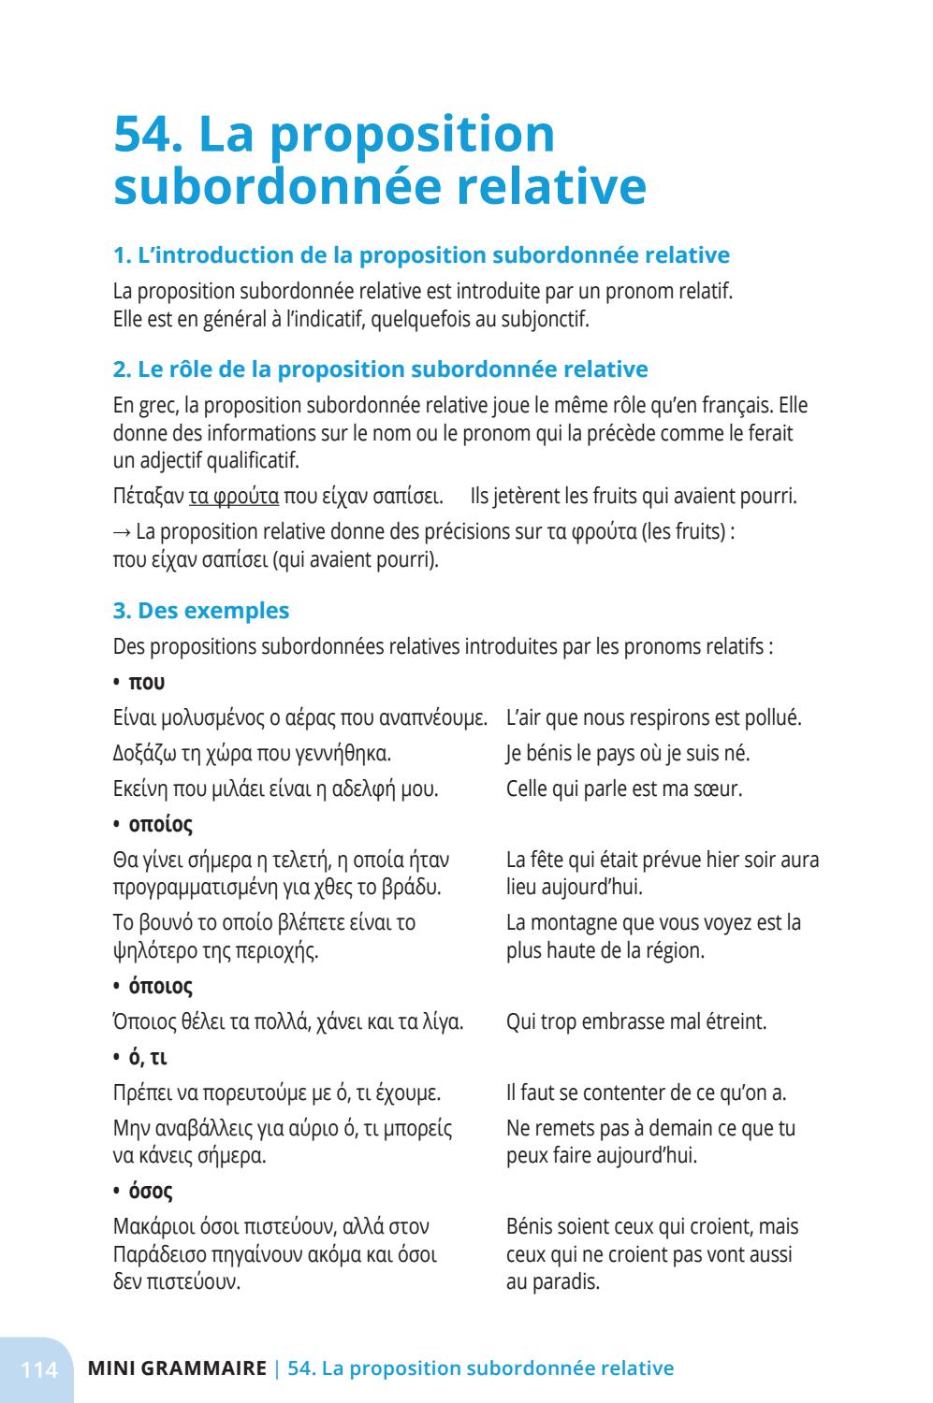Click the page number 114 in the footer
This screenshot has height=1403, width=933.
(39, 1369)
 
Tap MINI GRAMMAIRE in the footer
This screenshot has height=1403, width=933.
(177, 1369)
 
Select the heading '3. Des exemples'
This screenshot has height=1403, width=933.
(200, 611)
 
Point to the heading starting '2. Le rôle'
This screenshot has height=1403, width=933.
(380, 369)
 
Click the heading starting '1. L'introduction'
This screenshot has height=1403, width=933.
(421, 255)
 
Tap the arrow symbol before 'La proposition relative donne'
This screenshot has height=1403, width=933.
(122, 531)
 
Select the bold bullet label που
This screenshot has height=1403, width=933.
(146, 683)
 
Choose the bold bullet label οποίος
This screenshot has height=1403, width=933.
(160, 825)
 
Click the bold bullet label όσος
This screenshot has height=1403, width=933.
(150, 1192)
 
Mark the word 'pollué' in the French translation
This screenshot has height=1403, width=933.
(772, 718)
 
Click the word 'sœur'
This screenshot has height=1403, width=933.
(718, 788)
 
